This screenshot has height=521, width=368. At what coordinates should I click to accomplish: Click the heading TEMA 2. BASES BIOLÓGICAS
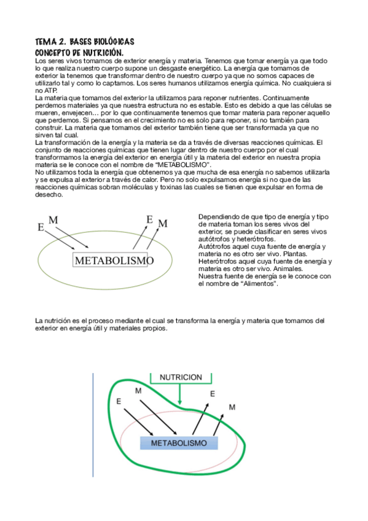coord(85,42)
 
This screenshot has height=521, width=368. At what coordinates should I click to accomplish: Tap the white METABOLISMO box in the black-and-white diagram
coord(114,261)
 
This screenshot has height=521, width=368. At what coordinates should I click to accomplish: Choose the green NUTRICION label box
coord(181,377)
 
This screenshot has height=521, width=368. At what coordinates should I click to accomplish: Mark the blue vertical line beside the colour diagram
coord(93,424)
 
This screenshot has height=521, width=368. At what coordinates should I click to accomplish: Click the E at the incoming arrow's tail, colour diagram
coord(119,401)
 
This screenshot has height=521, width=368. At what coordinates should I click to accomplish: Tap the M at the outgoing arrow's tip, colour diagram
coord(232,407)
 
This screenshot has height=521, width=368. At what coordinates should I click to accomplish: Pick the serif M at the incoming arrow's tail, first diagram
coord(53,220)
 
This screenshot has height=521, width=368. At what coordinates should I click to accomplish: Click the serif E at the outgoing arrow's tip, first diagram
coord(149,219)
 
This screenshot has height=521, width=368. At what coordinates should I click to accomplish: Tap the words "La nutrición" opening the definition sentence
coord(52,321)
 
